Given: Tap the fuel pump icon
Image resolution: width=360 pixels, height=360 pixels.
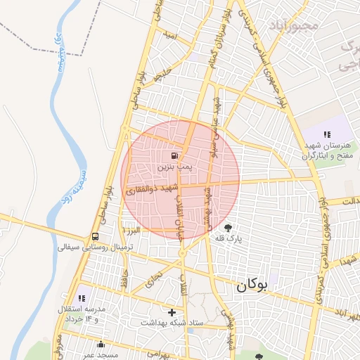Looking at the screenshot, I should tap(174, 155).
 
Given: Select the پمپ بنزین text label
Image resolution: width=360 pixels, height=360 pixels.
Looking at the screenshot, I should tap(173, 167).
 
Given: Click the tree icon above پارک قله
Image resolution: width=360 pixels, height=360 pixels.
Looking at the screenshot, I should tap(228, 227).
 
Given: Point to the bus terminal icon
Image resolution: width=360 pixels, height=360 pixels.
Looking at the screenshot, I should tap(95, 237).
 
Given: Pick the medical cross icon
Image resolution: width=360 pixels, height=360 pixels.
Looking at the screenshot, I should tap(172, 311).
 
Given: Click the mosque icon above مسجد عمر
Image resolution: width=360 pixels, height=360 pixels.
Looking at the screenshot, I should tap(100, 345).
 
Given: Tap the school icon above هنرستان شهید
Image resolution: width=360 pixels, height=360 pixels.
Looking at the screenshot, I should tap(327, 134).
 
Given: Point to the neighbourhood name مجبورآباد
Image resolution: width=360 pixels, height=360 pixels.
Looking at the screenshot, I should tap(293, 25).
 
